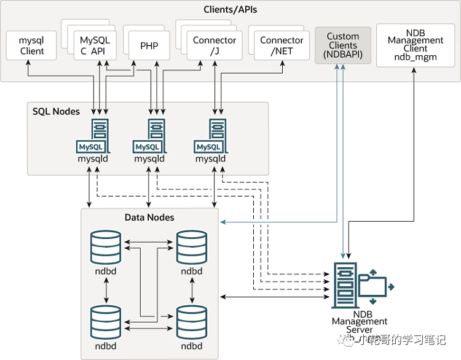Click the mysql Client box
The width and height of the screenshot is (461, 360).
(x=32, y=46)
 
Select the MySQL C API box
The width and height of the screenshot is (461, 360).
(x=95, y=45)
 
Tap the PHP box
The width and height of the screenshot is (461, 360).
(x=149, y=46)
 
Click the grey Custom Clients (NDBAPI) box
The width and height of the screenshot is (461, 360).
(x=342, y=45)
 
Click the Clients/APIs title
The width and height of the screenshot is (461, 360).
(x=230, y=10)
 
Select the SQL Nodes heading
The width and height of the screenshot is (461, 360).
(x=56, y=111)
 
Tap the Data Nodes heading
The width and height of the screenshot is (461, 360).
(x=149, y=217)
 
